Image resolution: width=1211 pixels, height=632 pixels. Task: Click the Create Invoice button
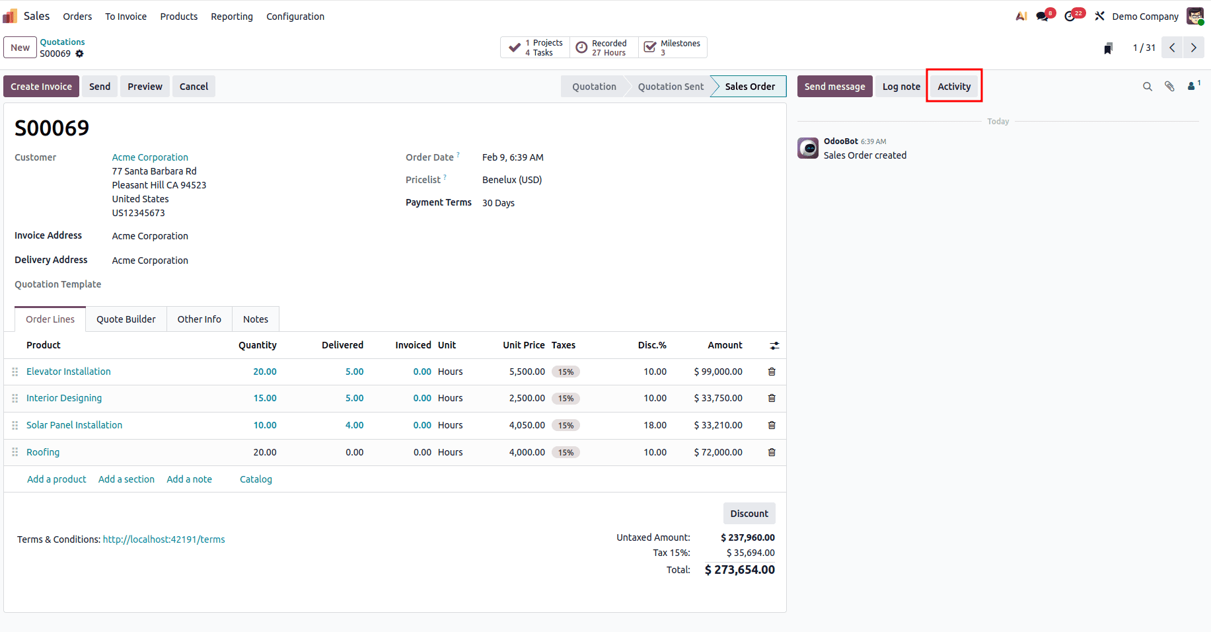41,87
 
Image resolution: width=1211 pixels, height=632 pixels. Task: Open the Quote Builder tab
126,319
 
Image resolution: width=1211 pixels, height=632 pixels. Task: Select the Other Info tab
199,319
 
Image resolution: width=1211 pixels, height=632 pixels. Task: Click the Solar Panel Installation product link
74,425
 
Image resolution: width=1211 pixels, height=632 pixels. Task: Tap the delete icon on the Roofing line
772,452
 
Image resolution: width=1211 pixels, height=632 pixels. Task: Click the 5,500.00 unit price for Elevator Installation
527,372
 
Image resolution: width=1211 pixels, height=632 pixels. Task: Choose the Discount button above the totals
749,514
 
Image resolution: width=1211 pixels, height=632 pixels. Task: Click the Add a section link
126,479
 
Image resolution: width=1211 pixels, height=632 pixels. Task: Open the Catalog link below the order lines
256,479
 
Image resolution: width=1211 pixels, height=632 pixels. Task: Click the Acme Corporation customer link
150,157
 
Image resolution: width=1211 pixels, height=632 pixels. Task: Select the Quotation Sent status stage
670,87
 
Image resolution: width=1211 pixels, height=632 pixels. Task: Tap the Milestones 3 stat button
673,48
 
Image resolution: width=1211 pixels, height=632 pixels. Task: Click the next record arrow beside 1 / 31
1193,48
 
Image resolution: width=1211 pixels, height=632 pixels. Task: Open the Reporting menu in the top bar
232,17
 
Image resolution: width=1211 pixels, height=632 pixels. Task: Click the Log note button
900,87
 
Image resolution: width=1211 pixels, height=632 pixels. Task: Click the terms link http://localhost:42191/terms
164,539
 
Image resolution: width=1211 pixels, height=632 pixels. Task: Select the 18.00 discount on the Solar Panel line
655,425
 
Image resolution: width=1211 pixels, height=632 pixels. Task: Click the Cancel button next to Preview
194,87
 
